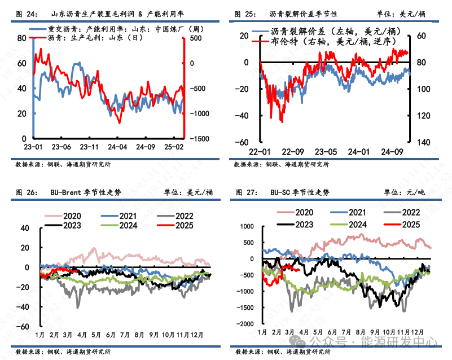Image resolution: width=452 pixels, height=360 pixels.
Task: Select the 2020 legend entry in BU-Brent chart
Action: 72,216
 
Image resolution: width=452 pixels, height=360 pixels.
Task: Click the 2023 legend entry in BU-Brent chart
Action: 72,226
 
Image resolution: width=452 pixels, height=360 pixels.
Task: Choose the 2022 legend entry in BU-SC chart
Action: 410,212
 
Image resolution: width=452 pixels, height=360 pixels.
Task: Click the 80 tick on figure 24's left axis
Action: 22,38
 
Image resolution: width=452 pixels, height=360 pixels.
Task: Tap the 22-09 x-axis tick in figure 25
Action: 292,152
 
